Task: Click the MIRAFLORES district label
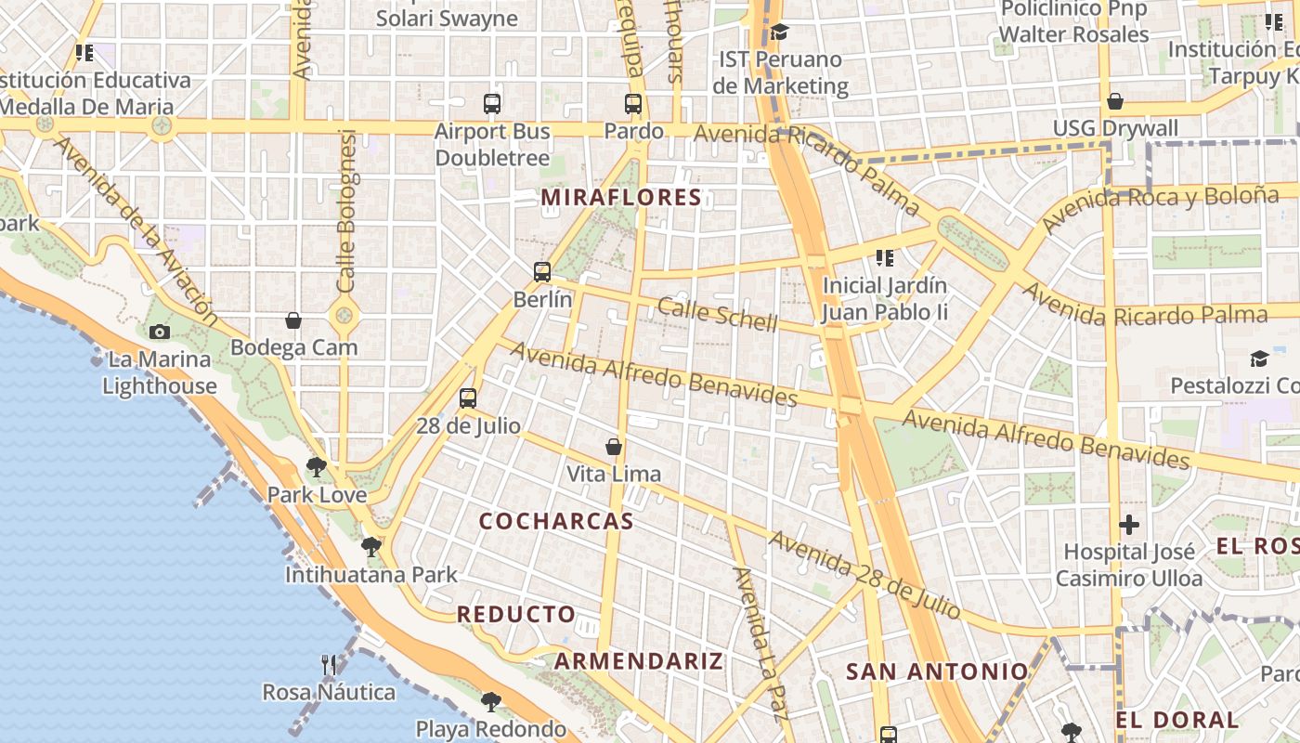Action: tap(621, 197)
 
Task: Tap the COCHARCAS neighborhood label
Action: tap(556, 521)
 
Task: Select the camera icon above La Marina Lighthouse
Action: tap(160, 332)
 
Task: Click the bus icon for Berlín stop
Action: tap(542, 272)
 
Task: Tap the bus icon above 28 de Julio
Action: tap(468, 398)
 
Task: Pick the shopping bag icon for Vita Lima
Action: tap(614, 447)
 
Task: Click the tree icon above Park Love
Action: tap(317, 466)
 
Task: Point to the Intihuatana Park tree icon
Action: tap(371, 546)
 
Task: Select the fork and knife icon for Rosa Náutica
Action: tap(329, 664)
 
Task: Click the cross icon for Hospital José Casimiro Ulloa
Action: tap(1129, 525)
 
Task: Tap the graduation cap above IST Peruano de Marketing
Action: tap(779, 33)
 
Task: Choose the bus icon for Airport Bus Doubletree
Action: tap(492, 104)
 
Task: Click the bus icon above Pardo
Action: tap(633, 104)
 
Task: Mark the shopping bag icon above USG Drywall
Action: tap(1115, 101)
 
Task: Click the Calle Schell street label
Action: tap(718, 315)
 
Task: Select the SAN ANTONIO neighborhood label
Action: tap(937, 671)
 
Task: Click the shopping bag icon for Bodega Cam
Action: tap(293, 320)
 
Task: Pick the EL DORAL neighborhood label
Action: tap(1177, 720)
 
